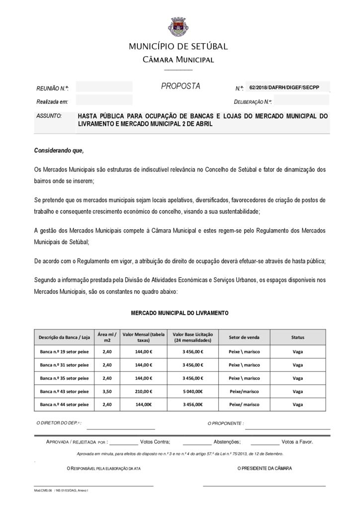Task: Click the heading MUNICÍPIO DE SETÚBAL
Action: click(179, 47)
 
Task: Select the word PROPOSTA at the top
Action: click(180, 86)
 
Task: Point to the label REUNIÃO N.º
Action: click(52, 88)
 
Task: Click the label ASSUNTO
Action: click(49, 116)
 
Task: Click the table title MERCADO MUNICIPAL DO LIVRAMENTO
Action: click(180, 314)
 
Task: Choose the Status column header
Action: click(297, 338)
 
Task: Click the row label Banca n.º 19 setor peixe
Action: click(64, 351)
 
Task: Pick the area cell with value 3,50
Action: click(107, 391)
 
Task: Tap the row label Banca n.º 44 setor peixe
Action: click(64, 405)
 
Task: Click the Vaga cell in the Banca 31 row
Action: click(297, 365)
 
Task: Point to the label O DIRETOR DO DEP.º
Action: click(59, 423)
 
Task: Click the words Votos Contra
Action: click(155, 441)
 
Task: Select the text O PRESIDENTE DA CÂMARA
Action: click(265, 468)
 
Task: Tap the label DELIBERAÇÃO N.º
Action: click(253, 102)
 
